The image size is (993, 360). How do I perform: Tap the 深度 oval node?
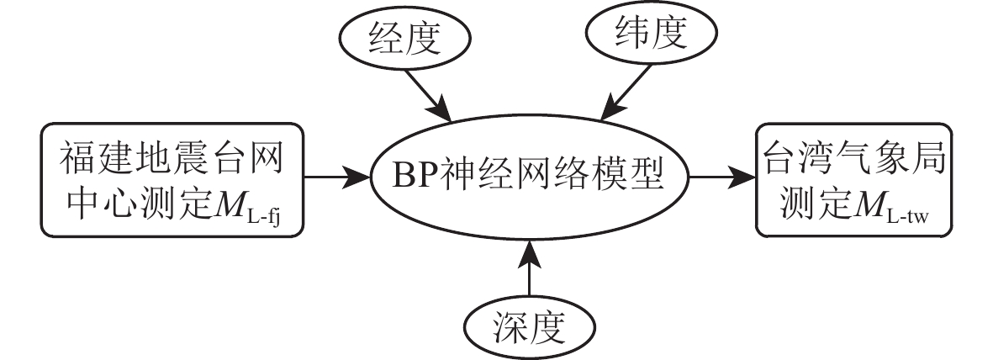[529, 324]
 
